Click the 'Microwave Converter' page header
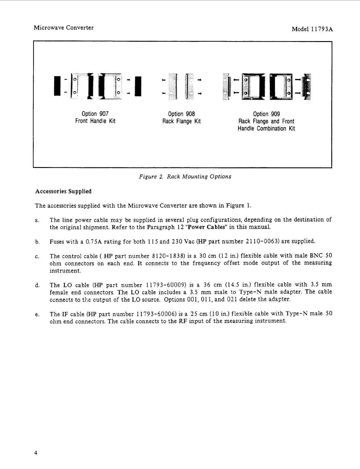click(x=64, y=28)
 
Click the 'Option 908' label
click(x=181, y=114)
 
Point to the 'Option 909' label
click(x=266, y=114)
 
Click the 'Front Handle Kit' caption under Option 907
click(x=95, y=121)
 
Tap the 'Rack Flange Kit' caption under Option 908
click(x=181, y=121)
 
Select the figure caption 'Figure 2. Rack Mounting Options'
click(x=185, y=177)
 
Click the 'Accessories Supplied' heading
click(x=63, y=191)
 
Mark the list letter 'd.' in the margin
click(x=37, y=285)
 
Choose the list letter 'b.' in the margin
click(x=37, y=242)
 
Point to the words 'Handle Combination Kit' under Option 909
click(x=266, y=129)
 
